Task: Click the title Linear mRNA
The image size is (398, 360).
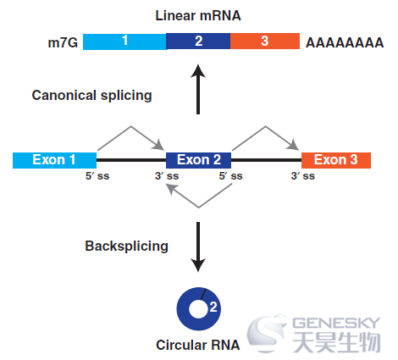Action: [x=198, y=15]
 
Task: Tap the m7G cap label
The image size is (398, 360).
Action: [x=63, y=42]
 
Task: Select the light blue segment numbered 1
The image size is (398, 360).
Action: [x=124, y=42]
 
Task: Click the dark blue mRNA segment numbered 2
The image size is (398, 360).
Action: [x=198, y=42]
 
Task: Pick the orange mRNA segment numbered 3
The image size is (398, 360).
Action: [x=265, y=42]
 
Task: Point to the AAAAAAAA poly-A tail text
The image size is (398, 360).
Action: [x=345, y=43]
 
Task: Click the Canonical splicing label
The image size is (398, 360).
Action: [x=91, y=95]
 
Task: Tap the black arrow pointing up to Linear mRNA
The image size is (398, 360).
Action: [x=198, y=89]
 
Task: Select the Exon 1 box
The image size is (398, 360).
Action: [x=54, y=160]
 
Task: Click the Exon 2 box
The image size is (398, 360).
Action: [x=198, y=160]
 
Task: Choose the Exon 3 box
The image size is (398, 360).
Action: [x=336, y=160]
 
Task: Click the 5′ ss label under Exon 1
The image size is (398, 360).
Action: [x=97, y=176]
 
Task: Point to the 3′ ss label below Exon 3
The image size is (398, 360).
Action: [x=302, y=176]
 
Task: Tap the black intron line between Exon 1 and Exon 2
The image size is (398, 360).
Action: [x=131, y=160]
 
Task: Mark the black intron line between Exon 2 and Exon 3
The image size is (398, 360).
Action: [x=266, y=160]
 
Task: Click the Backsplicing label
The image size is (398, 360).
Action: [x=126, y=246]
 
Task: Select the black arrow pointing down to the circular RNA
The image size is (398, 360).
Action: [x=198, y=246]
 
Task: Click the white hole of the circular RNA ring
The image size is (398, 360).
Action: [x=198, y=309]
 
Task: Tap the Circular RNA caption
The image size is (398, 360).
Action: [x=198, y=345]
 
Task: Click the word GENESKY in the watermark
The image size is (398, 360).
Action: [x=336, y=323]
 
